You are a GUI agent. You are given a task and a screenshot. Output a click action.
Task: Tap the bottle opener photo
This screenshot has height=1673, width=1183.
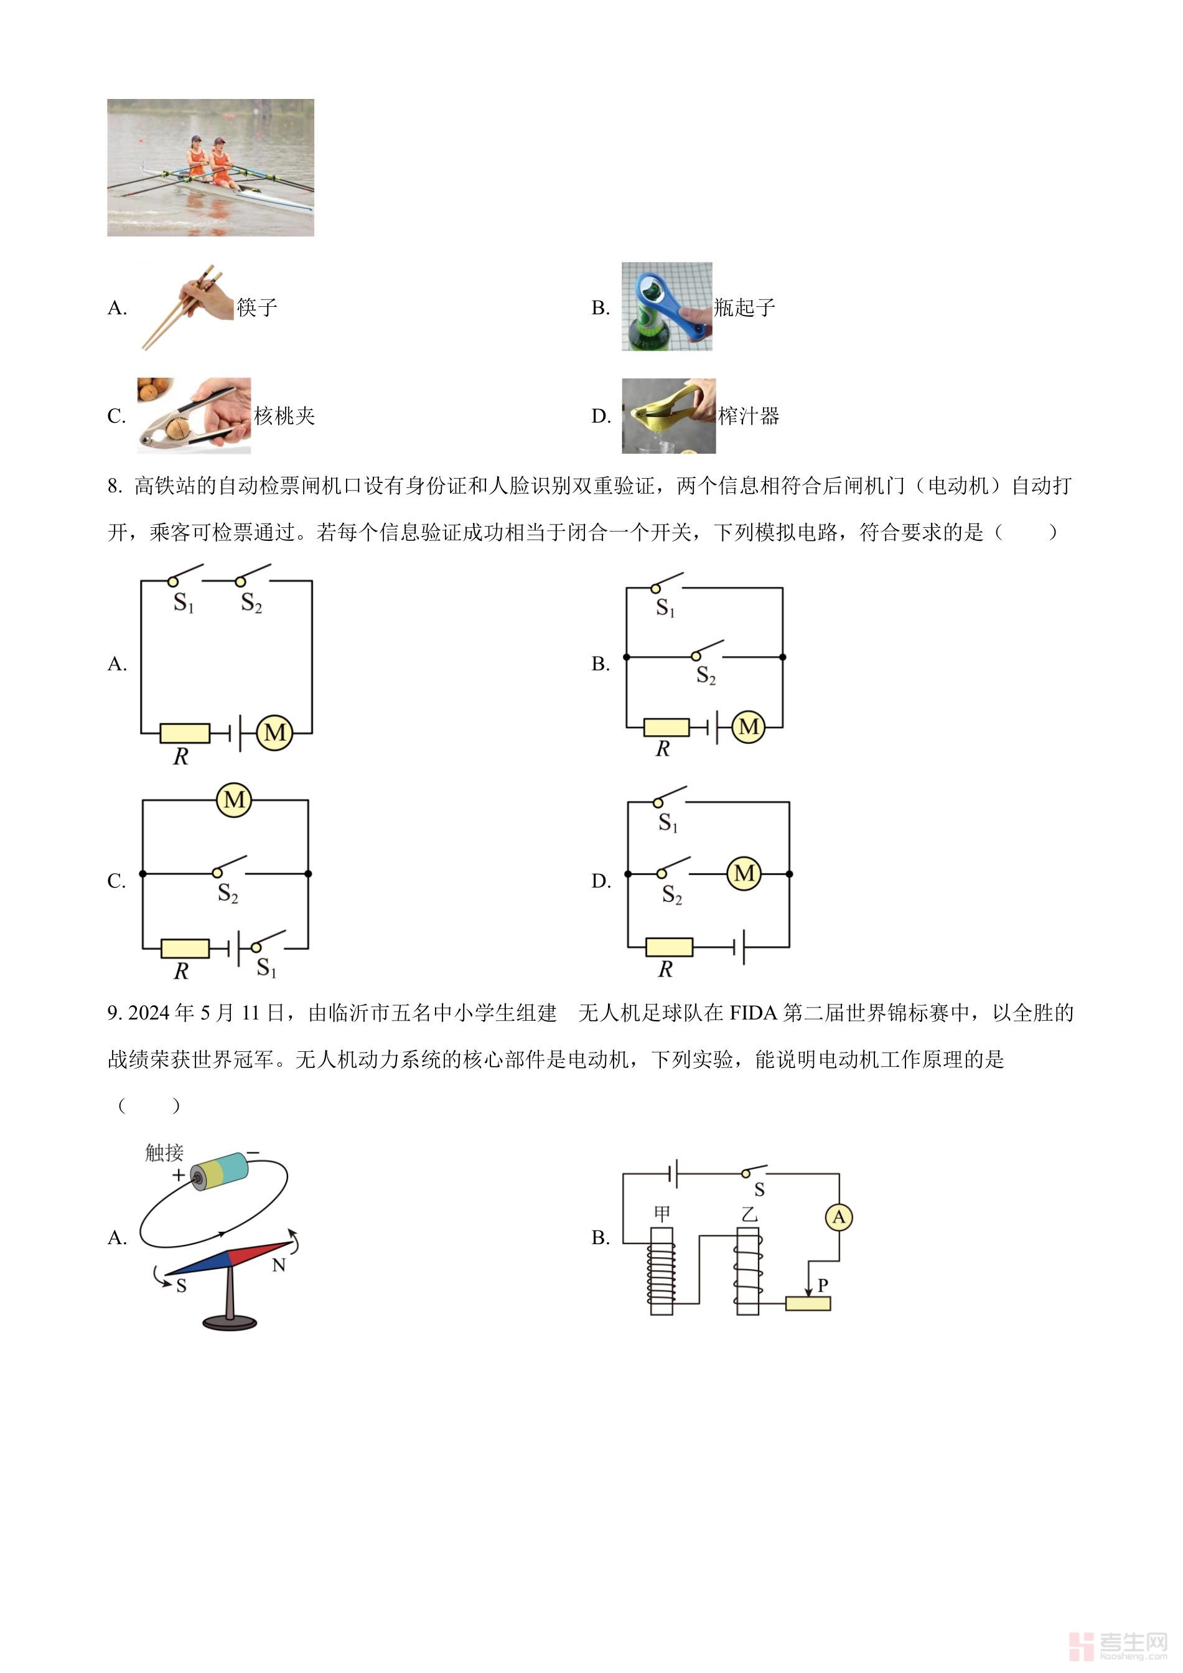[x=666, y=307]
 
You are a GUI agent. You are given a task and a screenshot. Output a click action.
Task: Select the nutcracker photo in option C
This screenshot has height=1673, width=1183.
[x=194, y=415]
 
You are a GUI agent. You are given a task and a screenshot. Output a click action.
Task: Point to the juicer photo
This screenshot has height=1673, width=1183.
[x=668, y=415]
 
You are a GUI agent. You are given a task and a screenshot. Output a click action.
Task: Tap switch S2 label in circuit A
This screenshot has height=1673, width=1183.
[x=251, y=603]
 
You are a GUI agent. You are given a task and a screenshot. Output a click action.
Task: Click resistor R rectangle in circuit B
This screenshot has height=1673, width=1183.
[x=666, y=726]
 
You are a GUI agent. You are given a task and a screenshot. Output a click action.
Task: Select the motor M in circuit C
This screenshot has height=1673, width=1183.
[x=234, y=800]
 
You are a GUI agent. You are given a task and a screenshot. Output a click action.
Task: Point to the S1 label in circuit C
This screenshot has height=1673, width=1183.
[x=266, y=968]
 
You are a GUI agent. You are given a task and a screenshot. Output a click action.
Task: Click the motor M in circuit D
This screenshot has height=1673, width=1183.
[x=744, y=873]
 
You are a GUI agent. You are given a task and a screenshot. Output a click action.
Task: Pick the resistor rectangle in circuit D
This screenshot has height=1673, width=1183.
[x=669, y=947]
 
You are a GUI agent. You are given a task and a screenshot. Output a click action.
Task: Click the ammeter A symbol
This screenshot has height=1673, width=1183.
[x=838, y=1217]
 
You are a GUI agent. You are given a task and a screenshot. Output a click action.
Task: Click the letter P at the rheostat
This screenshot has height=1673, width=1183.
[x=823, y=1285]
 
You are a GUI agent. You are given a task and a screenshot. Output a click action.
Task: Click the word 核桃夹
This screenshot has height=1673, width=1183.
[x=284, y=416]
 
